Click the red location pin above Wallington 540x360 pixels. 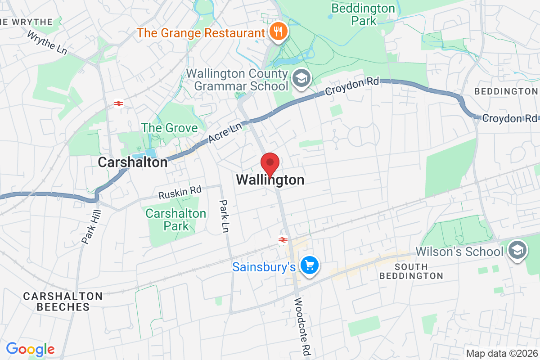(270, 163)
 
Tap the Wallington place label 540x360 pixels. (270, 180)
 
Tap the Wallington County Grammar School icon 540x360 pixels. (299, 78)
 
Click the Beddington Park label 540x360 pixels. (363, 14)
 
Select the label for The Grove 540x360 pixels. (170, 128)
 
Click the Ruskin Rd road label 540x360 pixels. (180, 193)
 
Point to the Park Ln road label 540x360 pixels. (224, 216)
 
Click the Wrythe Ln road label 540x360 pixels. (47, 43)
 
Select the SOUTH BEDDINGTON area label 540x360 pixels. (411, 271)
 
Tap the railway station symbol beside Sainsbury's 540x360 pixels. (283, 240)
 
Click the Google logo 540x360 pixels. (30, 349)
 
